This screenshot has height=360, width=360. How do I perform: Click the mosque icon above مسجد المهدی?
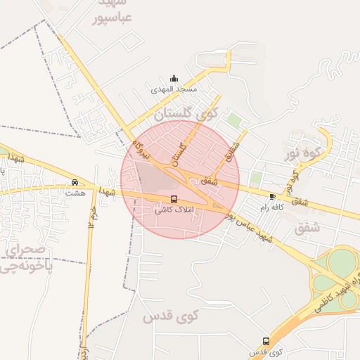(174, 78)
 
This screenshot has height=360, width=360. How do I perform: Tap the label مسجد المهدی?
(174, 90)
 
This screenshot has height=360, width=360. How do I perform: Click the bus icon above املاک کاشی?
(174, 199)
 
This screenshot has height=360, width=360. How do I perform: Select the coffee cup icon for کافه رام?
(272, 196)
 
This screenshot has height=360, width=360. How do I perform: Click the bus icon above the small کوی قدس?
(264, 340)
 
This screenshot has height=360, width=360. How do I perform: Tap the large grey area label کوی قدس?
(172, 317)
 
